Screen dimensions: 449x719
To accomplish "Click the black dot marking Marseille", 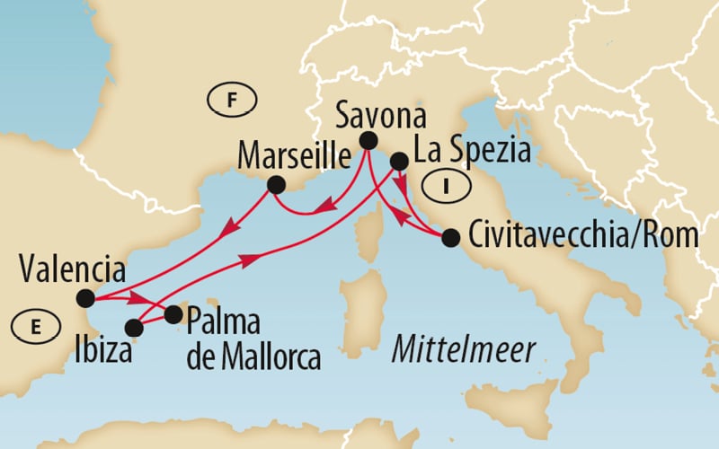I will coord(276,185).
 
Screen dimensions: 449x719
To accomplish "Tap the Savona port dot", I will coord(368,140).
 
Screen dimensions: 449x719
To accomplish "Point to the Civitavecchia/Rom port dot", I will coord(451,238).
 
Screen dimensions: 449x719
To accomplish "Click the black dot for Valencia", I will coord(85,298).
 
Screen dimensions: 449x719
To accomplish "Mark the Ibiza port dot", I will coord(134,327).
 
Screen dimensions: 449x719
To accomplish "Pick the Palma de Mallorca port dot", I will coord(173,314).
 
